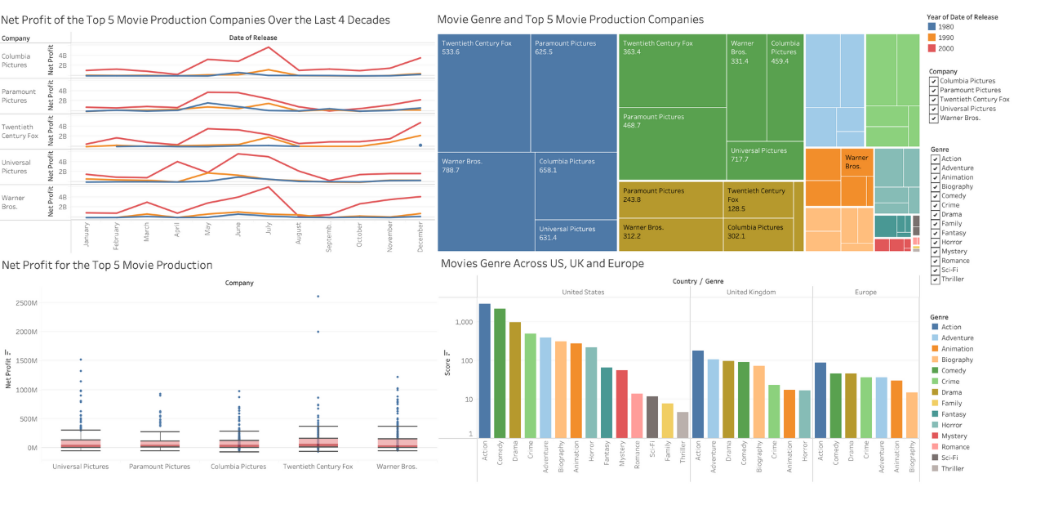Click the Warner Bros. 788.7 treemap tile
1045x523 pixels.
[486, 201]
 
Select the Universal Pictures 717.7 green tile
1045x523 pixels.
[765, 160]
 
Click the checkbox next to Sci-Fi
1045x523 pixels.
[935, 270]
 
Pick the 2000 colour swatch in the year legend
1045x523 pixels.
[932, 48]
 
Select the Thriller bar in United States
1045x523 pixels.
[683, 424]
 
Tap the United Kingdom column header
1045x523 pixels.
[751, 292]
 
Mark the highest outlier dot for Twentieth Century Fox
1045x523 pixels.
[318, 297]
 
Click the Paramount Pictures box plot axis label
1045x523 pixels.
[159, 467]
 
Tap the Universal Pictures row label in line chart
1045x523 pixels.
[16, 167]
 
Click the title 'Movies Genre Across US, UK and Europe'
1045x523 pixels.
[542, 263]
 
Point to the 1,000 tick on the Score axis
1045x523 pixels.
[463, 322]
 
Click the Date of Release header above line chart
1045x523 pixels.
[252, 38]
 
